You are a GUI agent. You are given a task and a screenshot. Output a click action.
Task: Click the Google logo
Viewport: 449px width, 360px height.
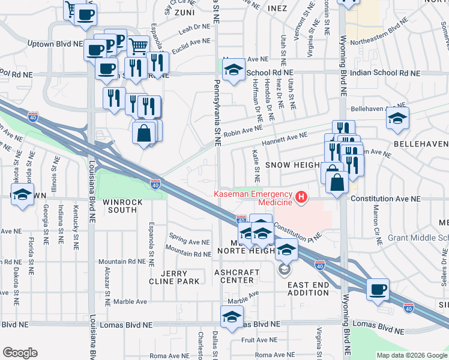[20, 353]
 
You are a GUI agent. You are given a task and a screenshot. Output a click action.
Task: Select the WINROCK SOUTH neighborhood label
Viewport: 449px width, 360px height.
[122, 206]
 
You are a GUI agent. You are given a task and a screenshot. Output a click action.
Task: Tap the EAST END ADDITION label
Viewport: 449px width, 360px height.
[308, 288]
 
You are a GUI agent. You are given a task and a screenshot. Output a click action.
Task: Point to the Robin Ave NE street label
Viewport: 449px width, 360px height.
[243, 128]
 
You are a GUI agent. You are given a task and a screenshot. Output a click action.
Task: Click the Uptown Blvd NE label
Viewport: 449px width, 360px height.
[55, 44]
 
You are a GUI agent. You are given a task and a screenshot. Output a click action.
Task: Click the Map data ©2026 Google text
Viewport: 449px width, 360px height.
[411, 355]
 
